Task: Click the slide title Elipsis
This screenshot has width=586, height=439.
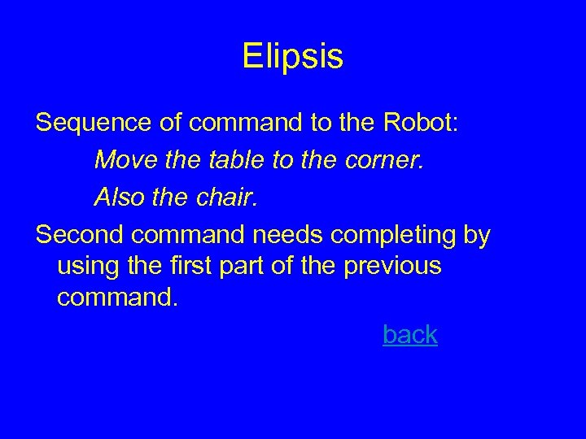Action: (293, 57)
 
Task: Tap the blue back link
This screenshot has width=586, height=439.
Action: (410, 334)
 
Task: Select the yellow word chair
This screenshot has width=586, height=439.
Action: (230, 197)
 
